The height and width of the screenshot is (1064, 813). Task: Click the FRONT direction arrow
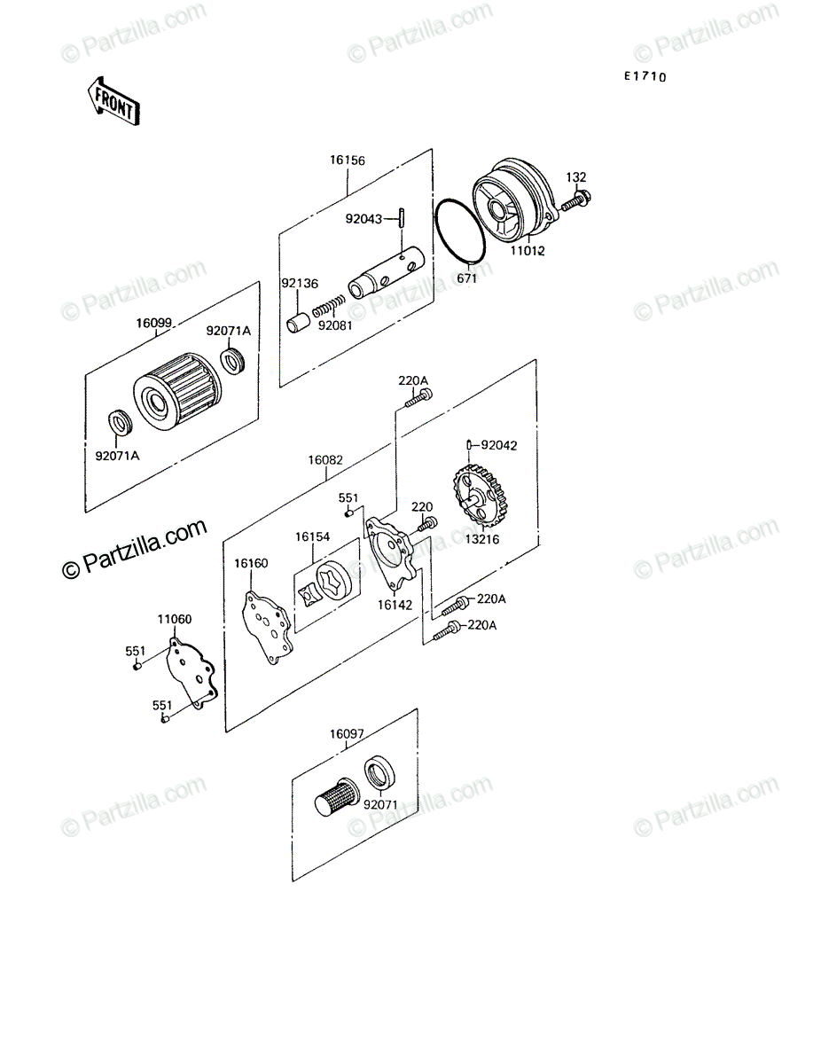pos(113,102)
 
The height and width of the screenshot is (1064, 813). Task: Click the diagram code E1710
pos(645,76)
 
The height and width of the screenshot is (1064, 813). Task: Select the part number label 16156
pos(348,160)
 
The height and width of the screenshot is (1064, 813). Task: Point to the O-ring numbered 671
pos(460,231)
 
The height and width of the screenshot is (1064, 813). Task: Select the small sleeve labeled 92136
pos(298,324)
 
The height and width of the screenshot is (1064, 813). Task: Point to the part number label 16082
pos(325,459)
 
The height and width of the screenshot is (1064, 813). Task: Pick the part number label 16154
pos(312,536)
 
